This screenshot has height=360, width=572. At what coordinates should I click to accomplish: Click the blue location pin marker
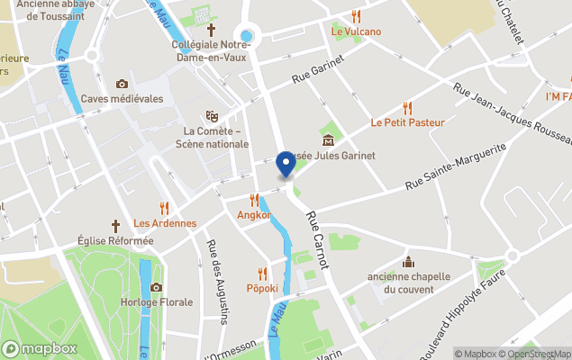pos(286,164)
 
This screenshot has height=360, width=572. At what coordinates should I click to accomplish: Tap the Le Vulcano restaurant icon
pos(356,16)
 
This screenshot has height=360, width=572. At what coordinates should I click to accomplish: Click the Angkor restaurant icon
pos(254,200)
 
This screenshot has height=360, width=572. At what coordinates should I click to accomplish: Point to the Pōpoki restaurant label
pos(262,289)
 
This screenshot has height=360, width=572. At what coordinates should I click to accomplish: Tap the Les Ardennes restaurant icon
pos(164,208)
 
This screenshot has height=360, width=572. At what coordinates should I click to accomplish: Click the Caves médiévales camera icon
pos(122,84)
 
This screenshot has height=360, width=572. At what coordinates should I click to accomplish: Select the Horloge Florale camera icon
pos(156,287)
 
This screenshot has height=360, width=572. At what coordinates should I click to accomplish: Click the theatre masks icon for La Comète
pos(212,116)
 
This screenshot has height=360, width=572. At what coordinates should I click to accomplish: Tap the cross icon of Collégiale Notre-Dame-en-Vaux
pos(212,30)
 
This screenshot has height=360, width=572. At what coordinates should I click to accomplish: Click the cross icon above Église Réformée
pos(115,226)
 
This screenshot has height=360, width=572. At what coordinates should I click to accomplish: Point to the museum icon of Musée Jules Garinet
pos(328,139)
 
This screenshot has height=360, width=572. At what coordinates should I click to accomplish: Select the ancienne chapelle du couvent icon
pos(407,262)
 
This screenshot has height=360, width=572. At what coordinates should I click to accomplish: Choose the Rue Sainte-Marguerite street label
pos(455,166)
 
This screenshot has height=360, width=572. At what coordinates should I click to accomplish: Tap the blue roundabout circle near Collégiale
pos(246,35)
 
